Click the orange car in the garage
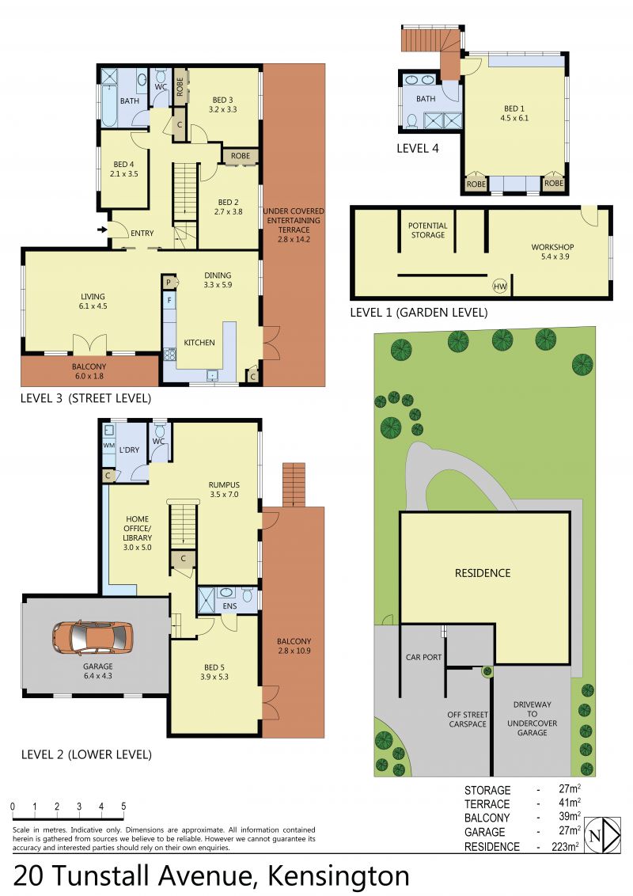point(93,638)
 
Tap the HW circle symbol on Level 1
point(499,287)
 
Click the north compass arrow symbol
point(603,836)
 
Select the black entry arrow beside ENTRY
point(102,230)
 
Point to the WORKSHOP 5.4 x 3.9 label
point(552,252)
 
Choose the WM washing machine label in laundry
point(108,445)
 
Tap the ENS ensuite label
point(229,606)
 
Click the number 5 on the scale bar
point(123,807)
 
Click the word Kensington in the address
point(339,876)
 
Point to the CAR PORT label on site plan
point(423,657)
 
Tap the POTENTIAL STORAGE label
point(428,230)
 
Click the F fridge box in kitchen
point(169,299)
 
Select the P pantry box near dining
point(169,282)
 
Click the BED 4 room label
point(124,169)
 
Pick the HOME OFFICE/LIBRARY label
point(138,533)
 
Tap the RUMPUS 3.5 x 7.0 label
point(224,490)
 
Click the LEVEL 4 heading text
point(418,149)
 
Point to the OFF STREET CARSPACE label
point(468,719)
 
